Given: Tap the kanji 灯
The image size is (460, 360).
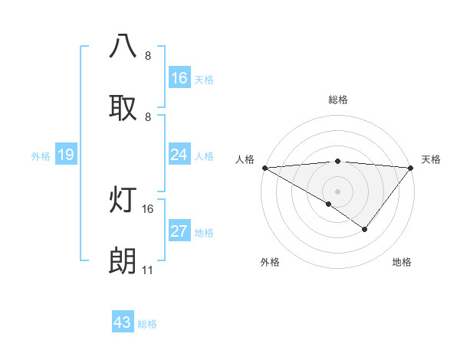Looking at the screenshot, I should click(x=123, y=200).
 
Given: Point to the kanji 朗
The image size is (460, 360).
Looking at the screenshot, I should click(x=123, y=261).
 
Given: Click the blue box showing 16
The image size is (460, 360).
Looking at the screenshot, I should click(x=179, y=77).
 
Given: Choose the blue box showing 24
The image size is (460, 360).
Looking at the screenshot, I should click(x=179, y=155).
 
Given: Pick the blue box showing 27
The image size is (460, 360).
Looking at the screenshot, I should click(x=179, y=232).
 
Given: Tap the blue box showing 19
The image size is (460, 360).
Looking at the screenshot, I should click(x=66, y=155).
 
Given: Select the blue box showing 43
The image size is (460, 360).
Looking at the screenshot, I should click(x=123, y=322).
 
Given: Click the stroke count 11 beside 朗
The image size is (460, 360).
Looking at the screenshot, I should click(x=148, y=270).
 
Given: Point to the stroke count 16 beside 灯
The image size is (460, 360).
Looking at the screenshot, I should click(x=148, y=208).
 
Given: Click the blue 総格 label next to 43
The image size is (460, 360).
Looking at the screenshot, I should click(x=147, y=324).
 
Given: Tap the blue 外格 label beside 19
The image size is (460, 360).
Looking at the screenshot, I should click(x=41, y=155).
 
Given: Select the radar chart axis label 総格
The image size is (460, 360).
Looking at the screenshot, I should click(x=337, y=100).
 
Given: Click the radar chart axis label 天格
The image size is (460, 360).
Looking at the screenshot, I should click(x=431, y=159).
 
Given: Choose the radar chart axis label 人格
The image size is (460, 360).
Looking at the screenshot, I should click(x=245, y=159).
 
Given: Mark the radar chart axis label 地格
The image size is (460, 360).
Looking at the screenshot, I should click(x=402, y=262).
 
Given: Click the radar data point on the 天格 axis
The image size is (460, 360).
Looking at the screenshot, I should click(x=411, y=167).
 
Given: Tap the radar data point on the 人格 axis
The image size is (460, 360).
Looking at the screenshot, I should click(x=264, y=167).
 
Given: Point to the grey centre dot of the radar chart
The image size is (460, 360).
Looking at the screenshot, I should click(x=337, y=191).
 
